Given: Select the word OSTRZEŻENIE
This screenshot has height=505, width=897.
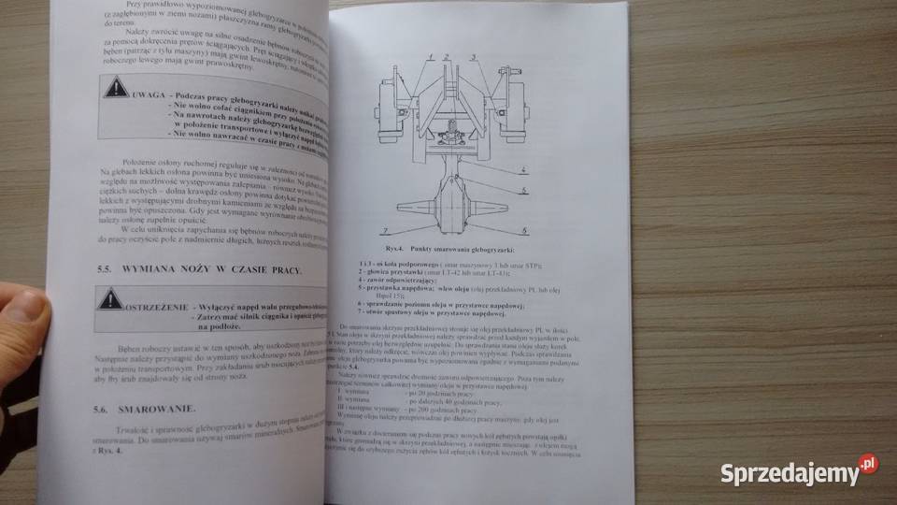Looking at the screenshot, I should (156, 308).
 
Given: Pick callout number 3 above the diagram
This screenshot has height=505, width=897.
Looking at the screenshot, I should (474, 59).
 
